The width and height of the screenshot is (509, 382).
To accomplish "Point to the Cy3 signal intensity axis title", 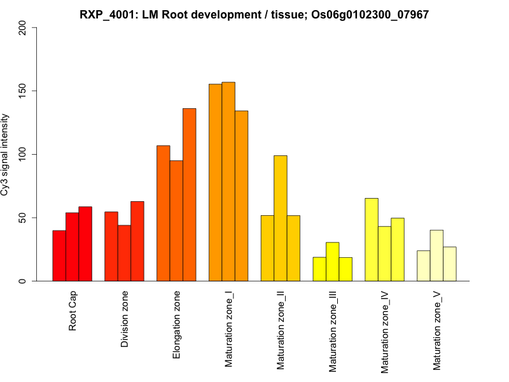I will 5,154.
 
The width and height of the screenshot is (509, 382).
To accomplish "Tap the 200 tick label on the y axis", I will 23,27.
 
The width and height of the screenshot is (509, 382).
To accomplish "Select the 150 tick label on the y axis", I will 23,91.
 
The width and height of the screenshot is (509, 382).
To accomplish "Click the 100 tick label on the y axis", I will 23,154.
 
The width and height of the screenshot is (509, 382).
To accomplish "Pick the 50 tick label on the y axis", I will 23,218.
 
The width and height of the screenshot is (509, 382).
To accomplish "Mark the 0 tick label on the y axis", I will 23,281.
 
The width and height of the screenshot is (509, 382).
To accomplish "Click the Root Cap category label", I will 73,311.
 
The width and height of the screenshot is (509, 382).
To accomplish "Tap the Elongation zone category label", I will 177,325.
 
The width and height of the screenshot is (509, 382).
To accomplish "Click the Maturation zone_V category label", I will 436,330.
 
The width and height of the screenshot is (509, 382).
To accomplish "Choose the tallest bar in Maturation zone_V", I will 436,255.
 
